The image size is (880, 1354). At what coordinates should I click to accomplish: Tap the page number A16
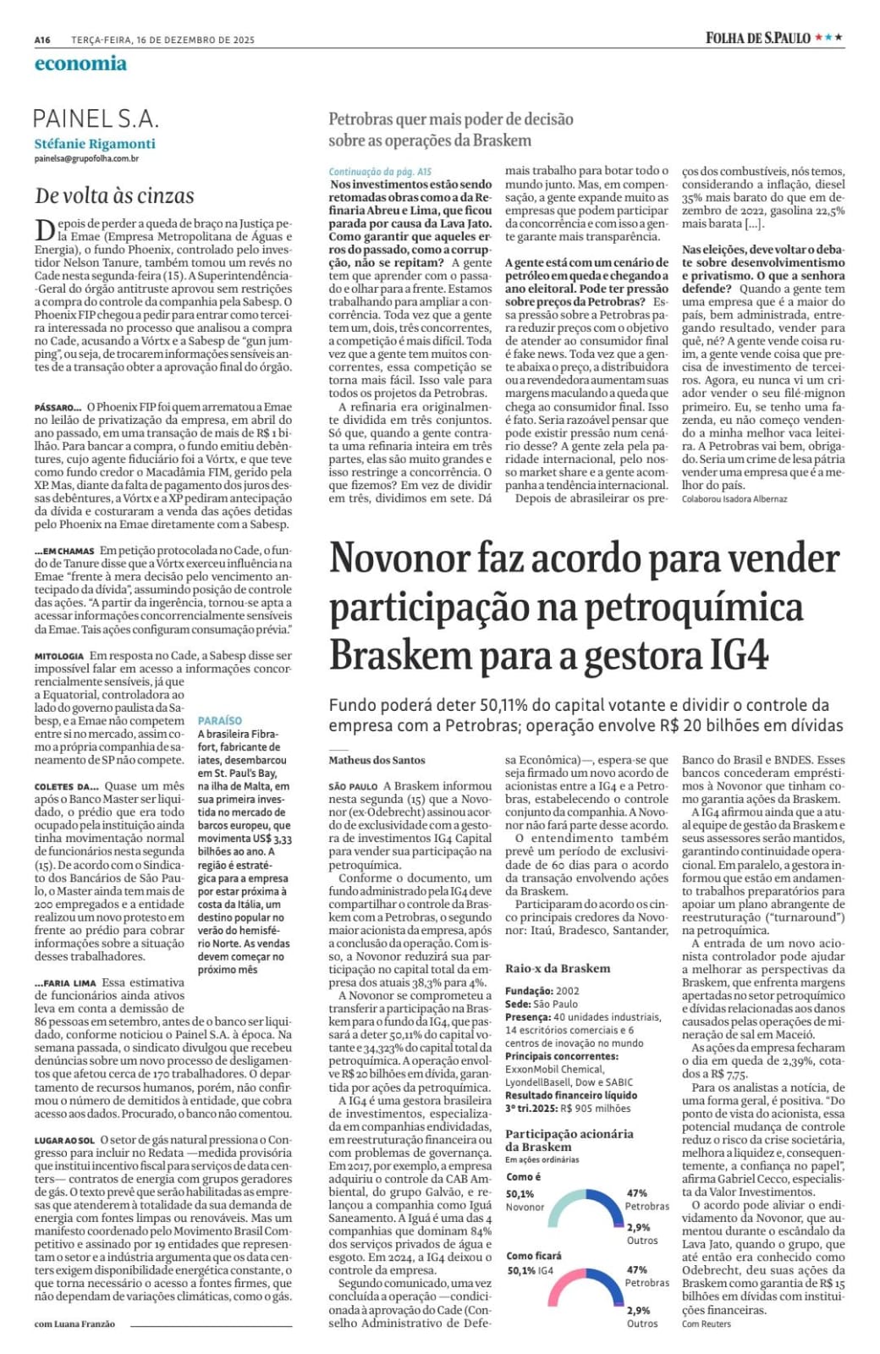pos(43,39)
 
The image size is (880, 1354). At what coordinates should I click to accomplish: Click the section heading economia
pos(80,63)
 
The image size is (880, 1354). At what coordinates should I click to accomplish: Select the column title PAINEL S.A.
pos(96,118)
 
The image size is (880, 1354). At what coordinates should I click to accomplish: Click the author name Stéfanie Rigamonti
pos(95,144)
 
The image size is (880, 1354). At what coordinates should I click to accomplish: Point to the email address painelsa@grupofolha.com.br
pos(86,158)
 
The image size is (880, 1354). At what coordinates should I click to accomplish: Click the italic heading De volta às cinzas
pos(114,196)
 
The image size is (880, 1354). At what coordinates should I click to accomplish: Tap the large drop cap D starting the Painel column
pos(43,230)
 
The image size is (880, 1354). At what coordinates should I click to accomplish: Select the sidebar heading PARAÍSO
pos(220,720)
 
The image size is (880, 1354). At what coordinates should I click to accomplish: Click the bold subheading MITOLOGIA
pos(59,656)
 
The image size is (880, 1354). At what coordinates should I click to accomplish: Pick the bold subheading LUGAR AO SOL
pos(65,1141)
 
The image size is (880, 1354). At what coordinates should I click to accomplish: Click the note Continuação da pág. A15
pos(380,172)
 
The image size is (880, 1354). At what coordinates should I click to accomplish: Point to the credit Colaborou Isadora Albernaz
pos(734,499)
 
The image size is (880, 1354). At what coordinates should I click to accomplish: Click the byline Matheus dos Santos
pos(377,760)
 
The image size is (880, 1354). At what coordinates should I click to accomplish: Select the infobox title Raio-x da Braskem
pos(558,968)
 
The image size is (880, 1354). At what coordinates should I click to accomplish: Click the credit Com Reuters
pos(707,1324)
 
